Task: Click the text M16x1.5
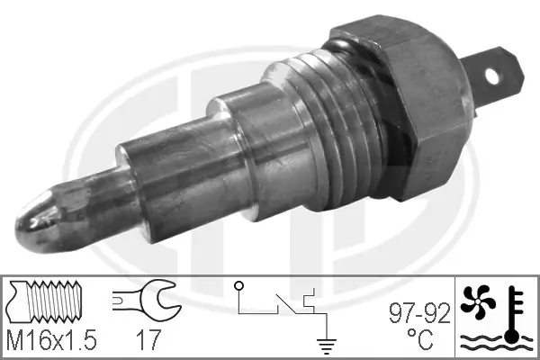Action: (x=52, y=341)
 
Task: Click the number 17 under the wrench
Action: (x=149, y=341)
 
